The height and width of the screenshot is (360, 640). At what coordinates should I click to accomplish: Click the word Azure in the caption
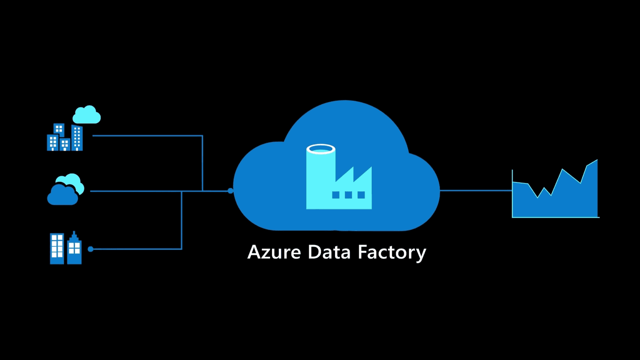pyautogui.click(x=274, y=252)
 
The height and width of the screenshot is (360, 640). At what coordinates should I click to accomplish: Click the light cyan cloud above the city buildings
pyautogui.click(x=87, y=115)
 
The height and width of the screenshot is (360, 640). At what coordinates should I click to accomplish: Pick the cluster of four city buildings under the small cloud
pyautogui.click(x=65, y=138)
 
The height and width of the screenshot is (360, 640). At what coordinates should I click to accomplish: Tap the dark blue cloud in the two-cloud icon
pyautogui.click(x=62, y=195)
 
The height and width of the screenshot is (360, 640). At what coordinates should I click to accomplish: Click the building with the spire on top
pyautogui.click(x=74, y=249)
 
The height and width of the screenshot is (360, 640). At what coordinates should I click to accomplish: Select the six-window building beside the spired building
pyautogui.click(x=57, y=249)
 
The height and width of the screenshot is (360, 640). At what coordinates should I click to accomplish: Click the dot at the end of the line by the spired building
pyautogui.click(x=90, y=249)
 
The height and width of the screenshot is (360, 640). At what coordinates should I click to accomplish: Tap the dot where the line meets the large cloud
pyautogui.click(x=230, y=191)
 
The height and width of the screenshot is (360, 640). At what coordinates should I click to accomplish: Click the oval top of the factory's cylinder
pyautogui.click(x=321, y=149)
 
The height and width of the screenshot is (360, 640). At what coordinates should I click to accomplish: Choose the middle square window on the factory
pyautogui.click(x=348, y=195)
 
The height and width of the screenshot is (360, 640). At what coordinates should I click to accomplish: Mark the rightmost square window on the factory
pyautogui.click(x=361, y=195)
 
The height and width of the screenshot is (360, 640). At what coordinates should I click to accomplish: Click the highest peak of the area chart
pyautogui.click(x=597, y=160)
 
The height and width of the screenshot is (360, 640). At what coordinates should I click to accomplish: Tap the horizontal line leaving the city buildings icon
pyautogui.click(x=146, y=136)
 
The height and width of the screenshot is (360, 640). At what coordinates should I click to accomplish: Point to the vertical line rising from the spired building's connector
pyautogui.click(x=182, y=221)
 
